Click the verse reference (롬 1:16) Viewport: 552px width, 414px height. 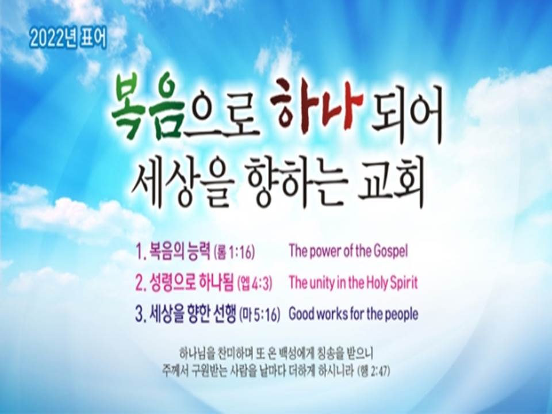coord(234,252)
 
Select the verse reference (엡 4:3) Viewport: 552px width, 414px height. coord(255,283)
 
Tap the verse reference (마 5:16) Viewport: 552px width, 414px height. coord(260,315)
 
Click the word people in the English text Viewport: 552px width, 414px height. coord(400,315)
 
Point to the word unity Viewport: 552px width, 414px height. coord(322,283)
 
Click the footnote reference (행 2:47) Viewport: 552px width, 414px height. coord(374,371)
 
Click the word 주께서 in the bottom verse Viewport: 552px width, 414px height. coord(175,371)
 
